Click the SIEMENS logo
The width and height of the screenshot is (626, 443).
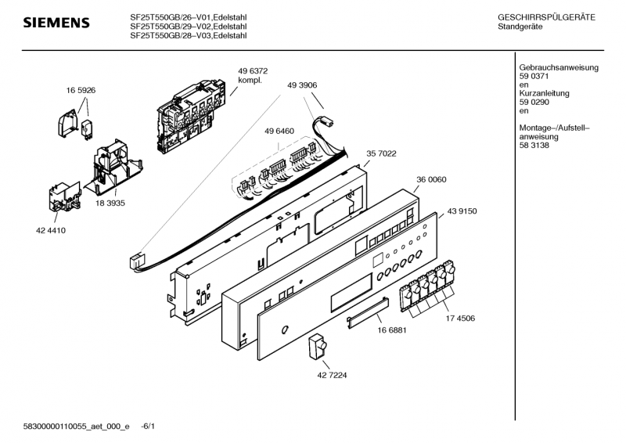click(55, 23)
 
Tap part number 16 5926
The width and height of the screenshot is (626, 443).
click(80, 91)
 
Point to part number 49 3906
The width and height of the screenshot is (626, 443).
click(302, 85)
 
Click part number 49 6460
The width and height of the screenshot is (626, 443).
click(279, 131)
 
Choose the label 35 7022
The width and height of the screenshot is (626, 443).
click(382, 154)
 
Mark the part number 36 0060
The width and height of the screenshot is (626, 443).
click(431, 179)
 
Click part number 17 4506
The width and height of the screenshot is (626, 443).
click(460, 319)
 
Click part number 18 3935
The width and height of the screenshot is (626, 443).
click(110, 203)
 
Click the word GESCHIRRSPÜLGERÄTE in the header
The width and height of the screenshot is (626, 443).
click(546, 17)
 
